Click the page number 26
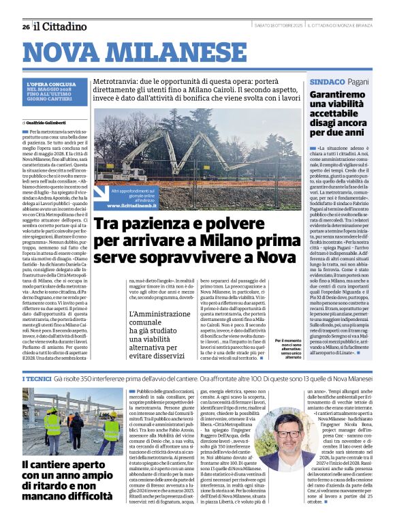tap(25, 27)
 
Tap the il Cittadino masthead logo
tap(61, 27)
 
